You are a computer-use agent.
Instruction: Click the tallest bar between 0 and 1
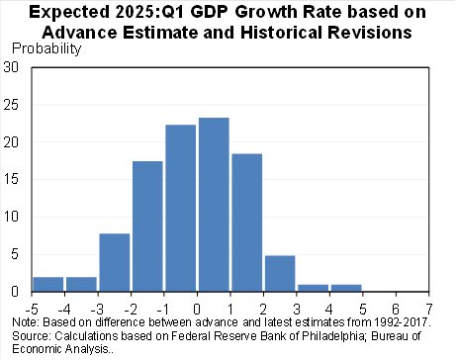click(214, 205)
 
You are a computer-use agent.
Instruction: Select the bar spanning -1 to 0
click(181, 208)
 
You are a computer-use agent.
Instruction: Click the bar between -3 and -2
click(115, 262)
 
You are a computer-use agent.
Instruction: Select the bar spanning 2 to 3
click(280, 273)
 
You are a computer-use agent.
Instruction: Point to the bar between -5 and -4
click(48, 284)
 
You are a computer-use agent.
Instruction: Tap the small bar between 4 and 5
click(346, 288)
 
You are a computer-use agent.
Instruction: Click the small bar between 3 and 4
click(314, 288)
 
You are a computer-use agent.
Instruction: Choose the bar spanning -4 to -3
click(82, 284)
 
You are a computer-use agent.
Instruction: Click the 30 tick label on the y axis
click(12, 67)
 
